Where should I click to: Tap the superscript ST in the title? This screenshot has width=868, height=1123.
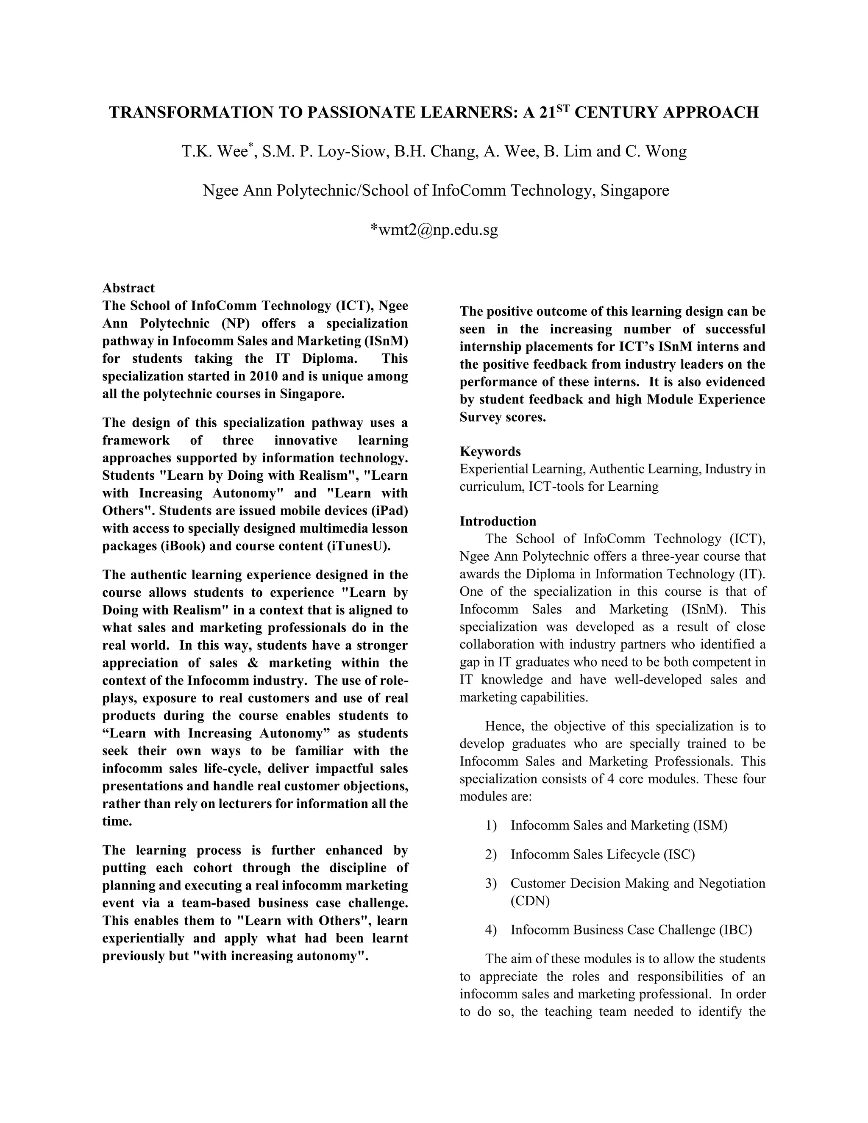564,108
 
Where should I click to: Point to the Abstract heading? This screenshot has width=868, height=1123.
128,288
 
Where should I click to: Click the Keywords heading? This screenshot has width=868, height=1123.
490,451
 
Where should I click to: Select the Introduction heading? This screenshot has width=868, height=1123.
497,521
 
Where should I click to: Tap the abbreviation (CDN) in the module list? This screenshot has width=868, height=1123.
530,901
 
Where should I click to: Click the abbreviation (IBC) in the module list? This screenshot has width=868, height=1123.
735,930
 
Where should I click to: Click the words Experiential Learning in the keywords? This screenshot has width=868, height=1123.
521,469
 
